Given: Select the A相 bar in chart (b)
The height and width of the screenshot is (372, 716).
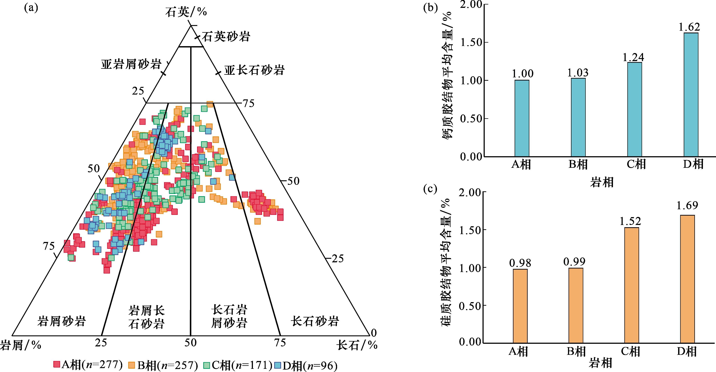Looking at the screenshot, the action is (522, 118).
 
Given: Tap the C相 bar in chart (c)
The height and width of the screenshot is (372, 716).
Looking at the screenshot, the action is (631, 285).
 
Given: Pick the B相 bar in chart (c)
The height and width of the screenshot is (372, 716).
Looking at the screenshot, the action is (576, 305).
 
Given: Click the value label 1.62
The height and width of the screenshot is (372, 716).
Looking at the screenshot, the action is (689, 27).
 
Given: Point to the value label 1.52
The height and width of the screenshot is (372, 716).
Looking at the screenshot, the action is (630, 221).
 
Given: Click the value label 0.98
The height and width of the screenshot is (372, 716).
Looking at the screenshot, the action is (520, 263).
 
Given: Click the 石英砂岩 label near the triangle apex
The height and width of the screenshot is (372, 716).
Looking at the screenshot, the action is (226, 36).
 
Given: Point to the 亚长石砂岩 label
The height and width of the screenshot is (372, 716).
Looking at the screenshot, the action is (254, 70).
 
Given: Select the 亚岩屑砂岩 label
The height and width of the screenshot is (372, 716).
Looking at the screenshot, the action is (131, 64).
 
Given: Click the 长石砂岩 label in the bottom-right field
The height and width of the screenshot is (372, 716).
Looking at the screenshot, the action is (315, 321).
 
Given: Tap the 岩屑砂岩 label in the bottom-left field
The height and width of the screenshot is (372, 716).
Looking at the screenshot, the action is (62, 321).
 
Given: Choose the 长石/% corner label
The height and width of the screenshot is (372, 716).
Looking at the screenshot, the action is (357, 345).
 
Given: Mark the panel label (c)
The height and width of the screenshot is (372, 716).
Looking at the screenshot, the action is (430, 189).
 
